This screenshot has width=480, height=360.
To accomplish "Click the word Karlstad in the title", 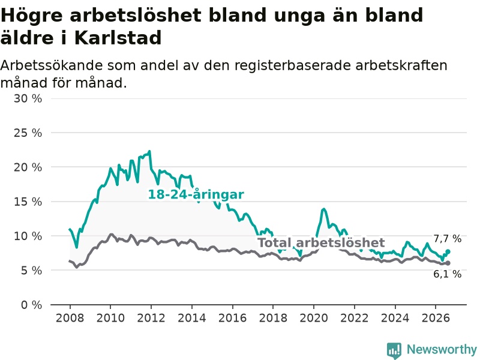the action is click(118, 38).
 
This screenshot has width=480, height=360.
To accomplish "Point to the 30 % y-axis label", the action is click(28, 98).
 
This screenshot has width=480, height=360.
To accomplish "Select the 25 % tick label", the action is click(28, 133).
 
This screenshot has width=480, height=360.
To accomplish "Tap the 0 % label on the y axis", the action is click(32, 305).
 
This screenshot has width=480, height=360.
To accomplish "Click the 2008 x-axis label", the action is click(70, 318).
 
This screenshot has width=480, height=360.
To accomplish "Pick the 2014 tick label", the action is click(191, 318).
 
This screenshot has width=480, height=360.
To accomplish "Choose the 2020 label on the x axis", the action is click(313, 318).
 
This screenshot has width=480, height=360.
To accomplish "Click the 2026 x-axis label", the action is click(436, 318).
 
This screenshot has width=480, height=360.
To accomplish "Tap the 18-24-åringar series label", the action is click(196, 194).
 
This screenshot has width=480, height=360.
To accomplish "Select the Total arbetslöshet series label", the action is click(321, 242).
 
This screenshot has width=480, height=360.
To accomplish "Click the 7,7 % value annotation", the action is click(447, 238).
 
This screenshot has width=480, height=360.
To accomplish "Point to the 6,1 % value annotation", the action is click(447, 274).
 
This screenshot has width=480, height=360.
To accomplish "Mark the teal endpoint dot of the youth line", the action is click(448, 251).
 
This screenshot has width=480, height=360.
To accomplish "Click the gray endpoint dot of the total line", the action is click(448, 263).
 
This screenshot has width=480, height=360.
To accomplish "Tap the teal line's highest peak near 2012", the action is click(149, 151).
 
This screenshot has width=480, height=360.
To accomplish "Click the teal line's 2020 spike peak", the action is click(323, 209).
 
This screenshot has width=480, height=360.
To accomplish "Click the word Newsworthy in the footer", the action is click(442, 349).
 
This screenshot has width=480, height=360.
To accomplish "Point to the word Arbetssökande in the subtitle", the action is click(51, 65).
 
